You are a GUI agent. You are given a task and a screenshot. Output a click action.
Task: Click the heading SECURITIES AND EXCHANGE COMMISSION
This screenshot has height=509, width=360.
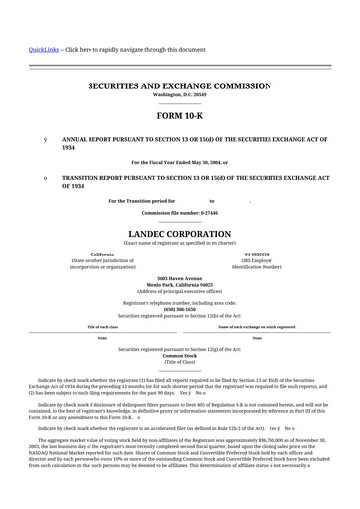pos(179,86)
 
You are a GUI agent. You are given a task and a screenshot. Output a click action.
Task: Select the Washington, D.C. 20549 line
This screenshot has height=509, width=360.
pos(179,96)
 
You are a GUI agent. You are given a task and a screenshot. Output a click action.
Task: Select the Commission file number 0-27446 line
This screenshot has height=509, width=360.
pos(179,213)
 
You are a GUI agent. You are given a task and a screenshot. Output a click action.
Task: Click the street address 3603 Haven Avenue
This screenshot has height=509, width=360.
pos(179,278)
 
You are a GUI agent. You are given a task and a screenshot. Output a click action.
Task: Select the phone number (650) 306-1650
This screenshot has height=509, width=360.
pos(179,308)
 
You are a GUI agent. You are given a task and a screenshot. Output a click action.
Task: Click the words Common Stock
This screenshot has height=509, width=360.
pos(179,355)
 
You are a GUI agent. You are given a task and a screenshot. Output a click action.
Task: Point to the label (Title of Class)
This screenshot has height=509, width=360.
pos(179,362)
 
